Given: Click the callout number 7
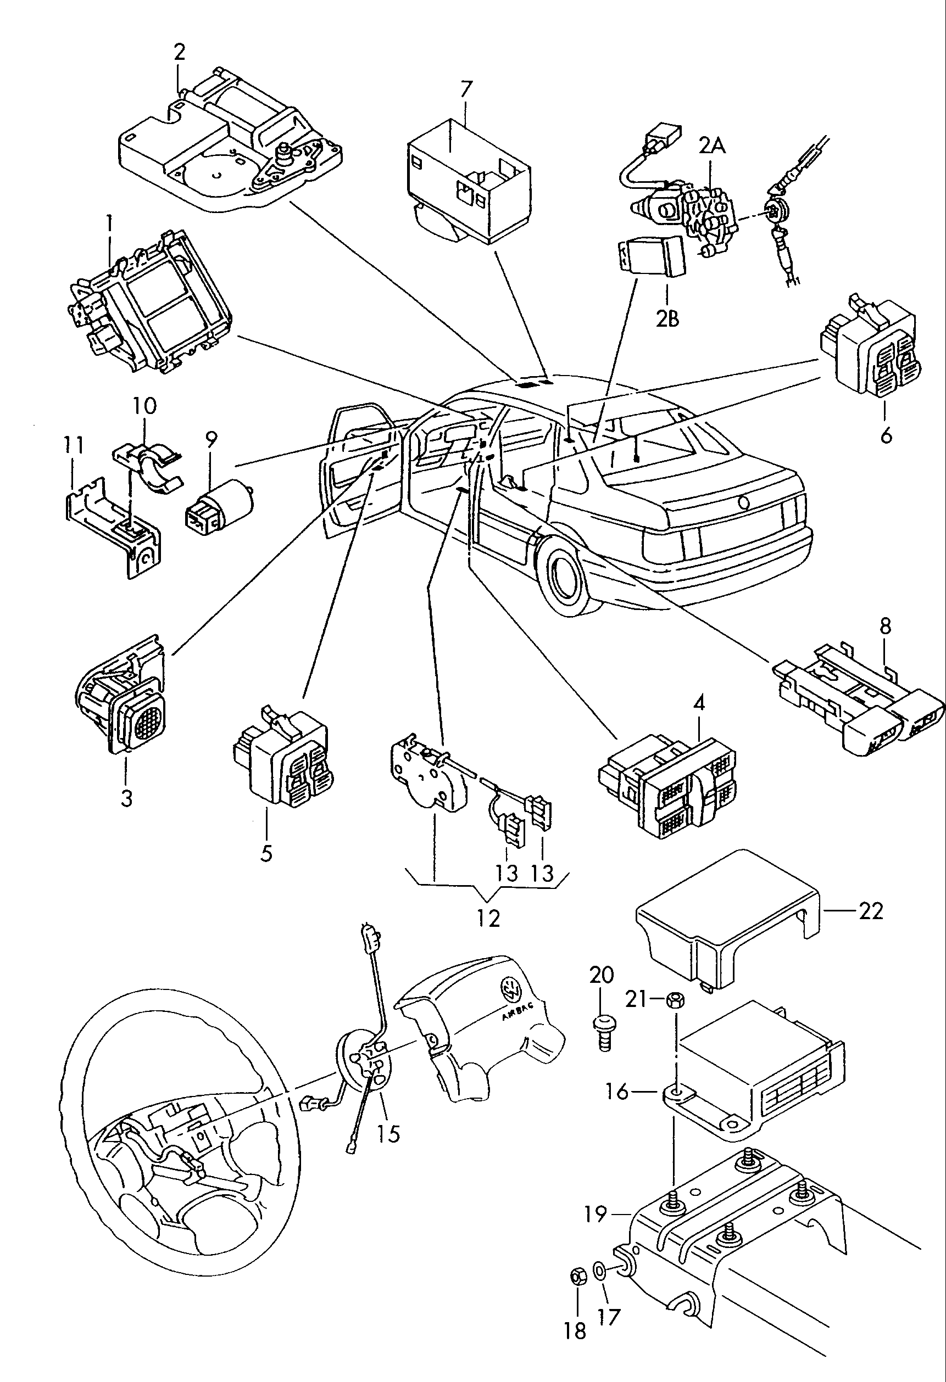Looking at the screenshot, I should pyautogui.click(x=466, y=89).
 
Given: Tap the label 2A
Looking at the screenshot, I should pyautogui.click(x=711, y=145).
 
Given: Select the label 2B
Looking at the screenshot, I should pyautogui.click(x=667, y=319).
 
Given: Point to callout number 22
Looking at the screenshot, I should pyautogui.click(x=870, y=910).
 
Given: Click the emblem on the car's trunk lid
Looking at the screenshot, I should pyautogui.click(x=743, y=502).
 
